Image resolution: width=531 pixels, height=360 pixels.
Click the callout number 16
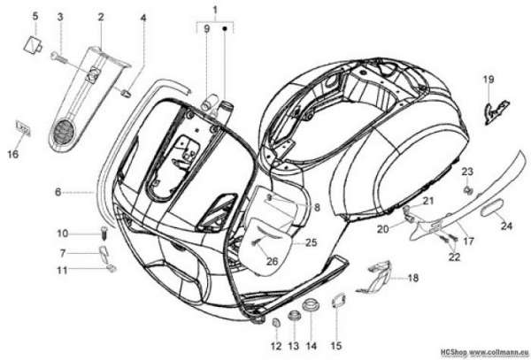13,154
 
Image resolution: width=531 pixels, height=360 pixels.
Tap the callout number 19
489,80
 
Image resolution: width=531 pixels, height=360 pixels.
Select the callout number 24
506,226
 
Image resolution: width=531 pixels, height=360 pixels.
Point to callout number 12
276,346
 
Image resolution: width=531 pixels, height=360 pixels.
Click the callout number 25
312,242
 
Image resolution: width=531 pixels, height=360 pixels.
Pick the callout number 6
58,192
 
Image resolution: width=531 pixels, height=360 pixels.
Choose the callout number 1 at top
215,10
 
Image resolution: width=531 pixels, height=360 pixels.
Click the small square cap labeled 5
32,44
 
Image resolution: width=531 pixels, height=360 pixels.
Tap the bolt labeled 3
59,57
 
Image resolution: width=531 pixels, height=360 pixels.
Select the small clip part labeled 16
23,128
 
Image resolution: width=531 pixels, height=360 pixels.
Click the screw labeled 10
105,234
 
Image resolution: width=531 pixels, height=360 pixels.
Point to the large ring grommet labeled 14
310,303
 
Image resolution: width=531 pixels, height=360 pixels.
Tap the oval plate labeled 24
492,208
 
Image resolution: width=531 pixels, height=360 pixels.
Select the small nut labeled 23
468,190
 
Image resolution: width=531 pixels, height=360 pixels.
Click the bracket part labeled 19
496,111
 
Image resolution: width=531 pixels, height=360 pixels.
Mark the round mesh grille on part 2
64,130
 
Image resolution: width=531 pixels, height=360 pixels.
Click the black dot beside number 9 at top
225,29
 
